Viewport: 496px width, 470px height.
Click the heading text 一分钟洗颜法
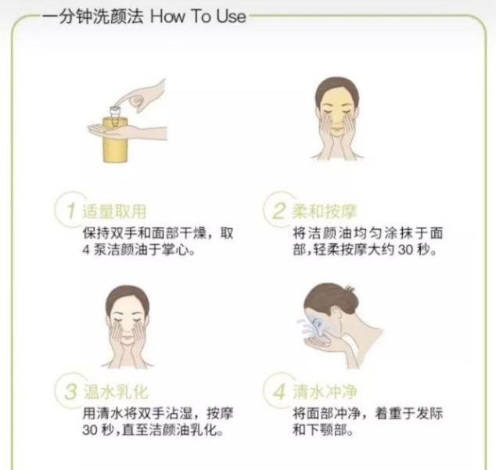[88, 15]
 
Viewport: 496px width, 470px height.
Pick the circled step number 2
[278, 211]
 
